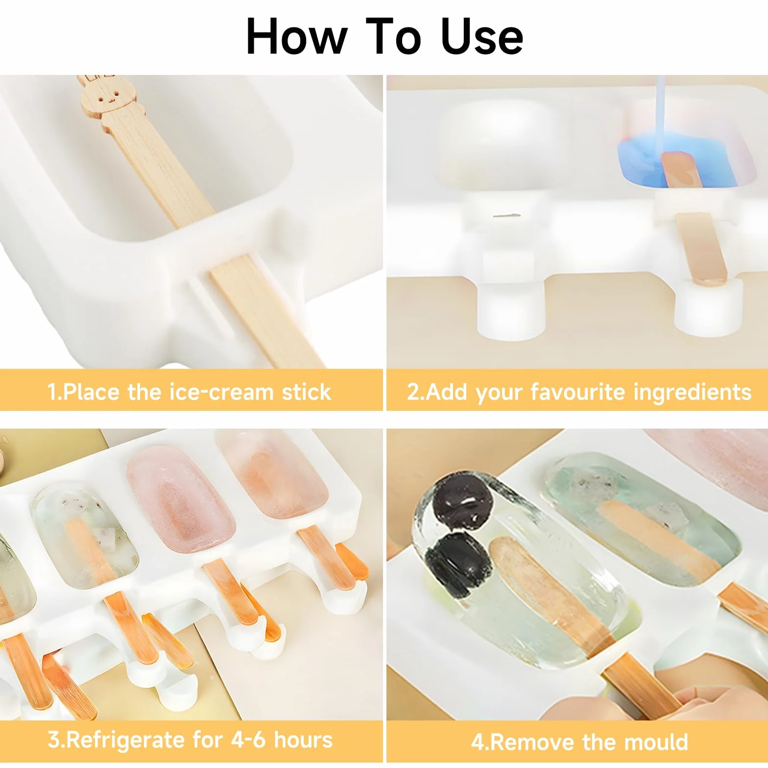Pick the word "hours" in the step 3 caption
pos(303,740)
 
